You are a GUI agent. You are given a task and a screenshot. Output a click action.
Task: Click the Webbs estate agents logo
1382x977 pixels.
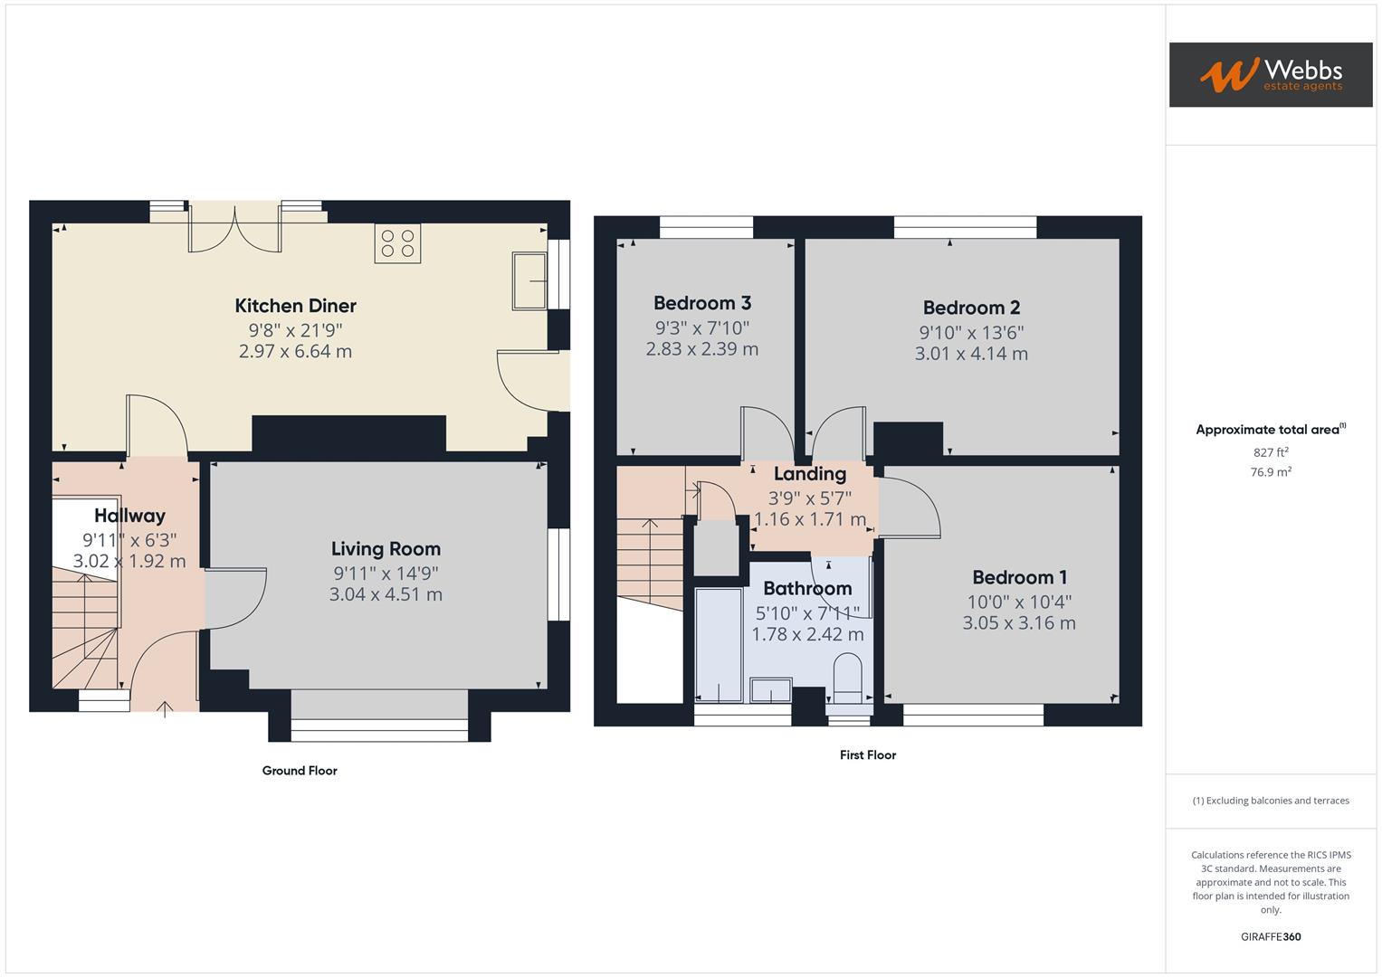pos(1270,75)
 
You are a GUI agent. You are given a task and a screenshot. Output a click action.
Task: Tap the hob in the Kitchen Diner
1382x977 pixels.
pos(397,243)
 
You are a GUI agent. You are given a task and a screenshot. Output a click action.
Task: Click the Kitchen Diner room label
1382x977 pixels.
pos(295,306)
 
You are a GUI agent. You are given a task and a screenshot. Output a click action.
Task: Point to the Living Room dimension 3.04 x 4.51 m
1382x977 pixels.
pos(386,594)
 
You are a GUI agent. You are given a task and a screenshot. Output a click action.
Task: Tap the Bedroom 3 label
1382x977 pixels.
pos(702,303)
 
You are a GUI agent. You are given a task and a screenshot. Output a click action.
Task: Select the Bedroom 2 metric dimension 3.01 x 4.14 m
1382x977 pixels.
pos(971,354)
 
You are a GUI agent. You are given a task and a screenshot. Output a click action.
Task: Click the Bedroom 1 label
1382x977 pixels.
pos(1019,577)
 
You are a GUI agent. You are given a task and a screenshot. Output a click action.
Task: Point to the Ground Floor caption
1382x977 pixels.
pos(300,771)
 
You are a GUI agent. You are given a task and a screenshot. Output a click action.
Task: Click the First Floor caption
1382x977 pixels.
pos(867,754)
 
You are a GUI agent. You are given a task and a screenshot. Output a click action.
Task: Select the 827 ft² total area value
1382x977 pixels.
pos(1271,452)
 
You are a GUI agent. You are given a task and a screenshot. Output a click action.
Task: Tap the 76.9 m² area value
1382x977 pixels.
pos(1271,472)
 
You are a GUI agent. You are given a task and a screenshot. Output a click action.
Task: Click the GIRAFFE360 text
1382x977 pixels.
pos(1271,936)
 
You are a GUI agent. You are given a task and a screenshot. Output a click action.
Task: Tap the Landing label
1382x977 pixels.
pos(810,474)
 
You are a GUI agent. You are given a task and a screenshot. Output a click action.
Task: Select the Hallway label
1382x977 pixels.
pos(129,516)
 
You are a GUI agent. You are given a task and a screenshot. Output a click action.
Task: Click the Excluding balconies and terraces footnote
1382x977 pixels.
pos(1271,801)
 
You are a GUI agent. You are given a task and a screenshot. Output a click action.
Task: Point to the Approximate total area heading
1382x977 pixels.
pos(1270,430)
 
